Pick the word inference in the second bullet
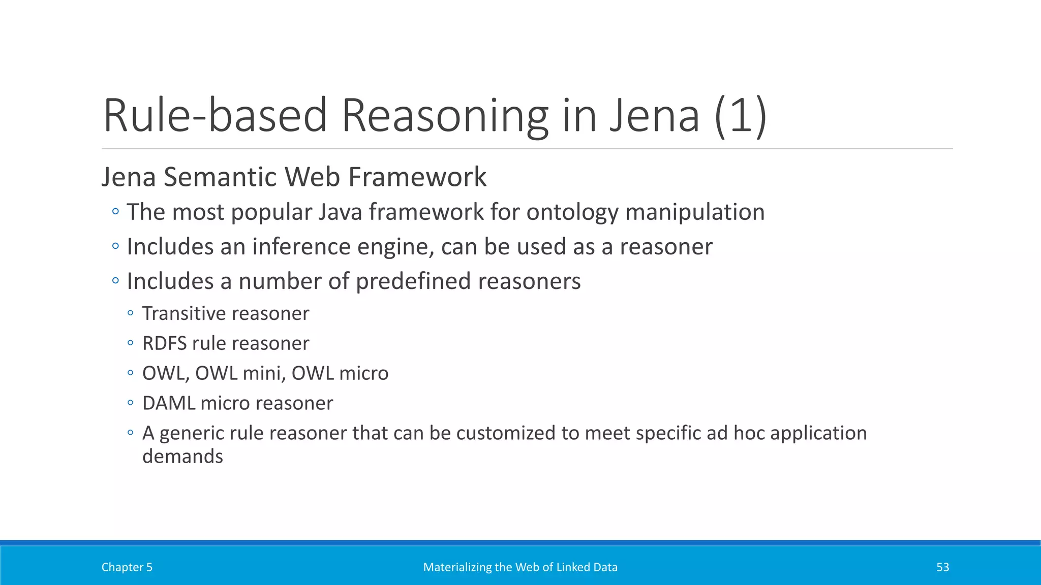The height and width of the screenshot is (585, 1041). pos(301,247)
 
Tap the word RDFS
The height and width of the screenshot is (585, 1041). pos(164,343)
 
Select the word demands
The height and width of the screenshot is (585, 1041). pos(182,457)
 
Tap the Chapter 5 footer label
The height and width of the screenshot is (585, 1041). pos(127,567)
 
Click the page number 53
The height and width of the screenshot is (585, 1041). pos(942,567)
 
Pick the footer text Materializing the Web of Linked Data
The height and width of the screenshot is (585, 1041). pos(520,567)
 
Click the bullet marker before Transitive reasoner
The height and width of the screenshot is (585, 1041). pos(131,313)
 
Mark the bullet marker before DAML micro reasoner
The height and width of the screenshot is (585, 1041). pos(131,403)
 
